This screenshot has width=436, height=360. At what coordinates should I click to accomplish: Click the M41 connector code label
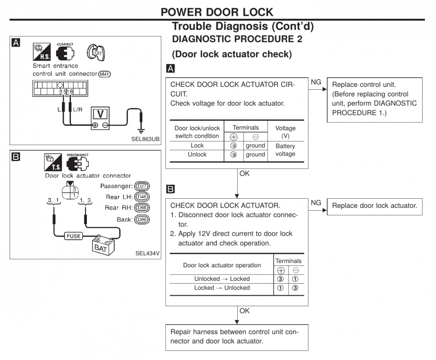click(104, 74)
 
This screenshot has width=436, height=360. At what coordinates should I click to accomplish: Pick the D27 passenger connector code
click(142, 186)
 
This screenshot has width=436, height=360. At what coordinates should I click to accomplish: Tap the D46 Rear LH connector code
click(142, 197)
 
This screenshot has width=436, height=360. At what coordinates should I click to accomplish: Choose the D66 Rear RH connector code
click(142, 208)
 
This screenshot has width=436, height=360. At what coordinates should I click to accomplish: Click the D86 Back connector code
click(142, 219)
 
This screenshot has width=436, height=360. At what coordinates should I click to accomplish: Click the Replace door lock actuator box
click(375, 206)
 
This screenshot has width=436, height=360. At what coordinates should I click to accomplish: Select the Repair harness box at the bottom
click(235, 336)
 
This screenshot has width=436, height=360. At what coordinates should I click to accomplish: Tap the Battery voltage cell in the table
click(286, 150)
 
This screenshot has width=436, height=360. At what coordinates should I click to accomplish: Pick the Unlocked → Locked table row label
click(222, 279)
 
